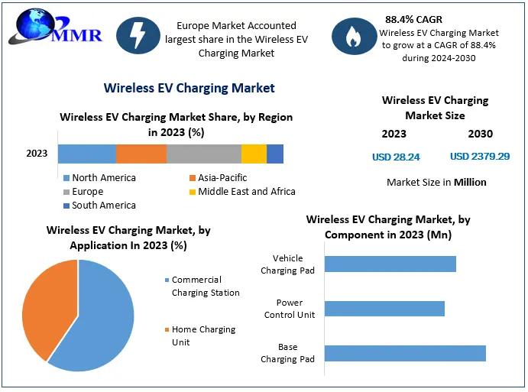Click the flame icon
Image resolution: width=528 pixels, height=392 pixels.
coord(353,35)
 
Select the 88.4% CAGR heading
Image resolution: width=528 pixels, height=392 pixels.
coord(413,19)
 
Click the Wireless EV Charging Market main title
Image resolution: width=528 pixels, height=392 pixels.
coord(189,88)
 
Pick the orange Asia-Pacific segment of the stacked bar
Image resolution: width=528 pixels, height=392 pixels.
coord(141,154)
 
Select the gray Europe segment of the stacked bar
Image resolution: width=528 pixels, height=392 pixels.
coord(204,154)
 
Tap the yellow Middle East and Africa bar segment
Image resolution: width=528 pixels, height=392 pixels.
coord(254,154)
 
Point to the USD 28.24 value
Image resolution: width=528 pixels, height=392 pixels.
coord(396,157)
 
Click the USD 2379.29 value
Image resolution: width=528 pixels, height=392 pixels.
coord(480,157)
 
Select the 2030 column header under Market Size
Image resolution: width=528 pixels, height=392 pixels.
coord(480,134)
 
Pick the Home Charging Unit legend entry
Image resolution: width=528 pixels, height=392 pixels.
coord(202,335)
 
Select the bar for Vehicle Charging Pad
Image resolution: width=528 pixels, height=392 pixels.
coord(390,264)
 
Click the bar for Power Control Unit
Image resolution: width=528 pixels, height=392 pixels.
coord(384,309)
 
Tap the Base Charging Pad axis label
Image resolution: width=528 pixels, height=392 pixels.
coord(287,353)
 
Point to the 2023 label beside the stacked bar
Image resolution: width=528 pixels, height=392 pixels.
coord(37,154)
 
